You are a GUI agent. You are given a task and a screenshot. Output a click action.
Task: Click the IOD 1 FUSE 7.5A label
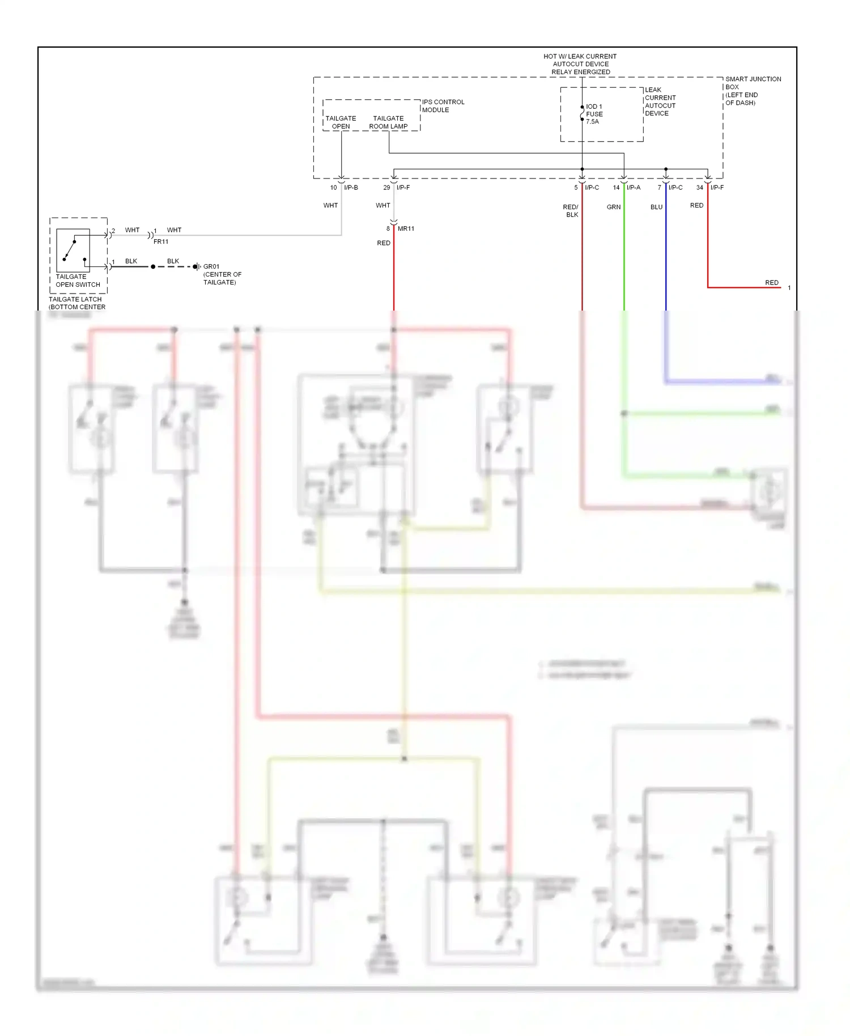point(593,114)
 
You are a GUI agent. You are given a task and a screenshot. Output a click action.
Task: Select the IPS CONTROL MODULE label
point(443,106)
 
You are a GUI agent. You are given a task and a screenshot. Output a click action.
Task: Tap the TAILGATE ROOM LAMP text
point(388,122)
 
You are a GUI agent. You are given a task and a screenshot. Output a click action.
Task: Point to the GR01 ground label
point(211,266)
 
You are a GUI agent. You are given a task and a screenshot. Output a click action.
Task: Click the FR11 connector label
point(161,241)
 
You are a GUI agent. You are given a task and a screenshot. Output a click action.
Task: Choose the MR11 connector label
point(406,228)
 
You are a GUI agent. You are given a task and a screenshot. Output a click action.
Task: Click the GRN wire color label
point(614,207)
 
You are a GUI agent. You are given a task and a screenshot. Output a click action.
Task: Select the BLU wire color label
point(656,207)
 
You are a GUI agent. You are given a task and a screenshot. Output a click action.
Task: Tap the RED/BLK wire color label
point(571,211)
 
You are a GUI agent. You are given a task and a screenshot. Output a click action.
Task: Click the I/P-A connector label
point(634,188)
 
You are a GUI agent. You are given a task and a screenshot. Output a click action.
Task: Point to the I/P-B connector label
point(351,188)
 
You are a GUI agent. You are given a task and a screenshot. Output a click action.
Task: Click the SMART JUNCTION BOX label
point(753,91)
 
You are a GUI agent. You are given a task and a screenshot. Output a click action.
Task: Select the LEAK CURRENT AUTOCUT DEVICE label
point(660,101)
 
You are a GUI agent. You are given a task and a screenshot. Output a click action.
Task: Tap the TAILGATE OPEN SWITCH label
point(78,281)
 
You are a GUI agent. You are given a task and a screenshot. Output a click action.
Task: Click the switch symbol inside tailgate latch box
point(73,250)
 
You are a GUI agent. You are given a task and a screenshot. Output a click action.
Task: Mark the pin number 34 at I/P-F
point(700,188)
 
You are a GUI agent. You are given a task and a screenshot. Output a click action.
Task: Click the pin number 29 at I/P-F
point(386,188)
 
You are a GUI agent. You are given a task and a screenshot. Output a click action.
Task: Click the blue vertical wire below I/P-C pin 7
point(666,255)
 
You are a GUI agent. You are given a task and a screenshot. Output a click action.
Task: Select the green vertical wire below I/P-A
point(624,255)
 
